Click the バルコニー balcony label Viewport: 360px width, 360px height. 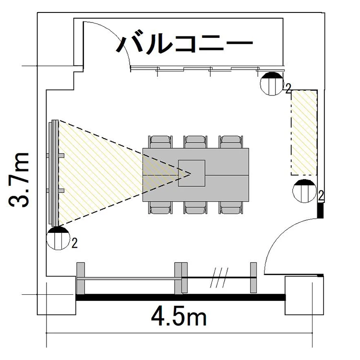coord(184,44)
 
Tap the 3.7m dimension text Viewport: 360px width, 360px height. coord(19,180)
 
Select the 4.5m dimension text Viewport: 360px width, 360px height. coord(179,317)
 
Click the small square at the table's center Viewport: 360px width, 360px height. coord(192,173)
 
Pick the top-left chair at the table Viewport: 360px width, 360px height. coord(160,142)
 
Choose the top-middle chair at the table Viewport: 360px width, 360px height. coord(195,142)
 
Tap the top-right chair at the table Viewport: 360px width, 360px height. coord(231,142)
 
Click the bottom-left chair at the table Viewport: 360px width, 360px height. coord(160,208)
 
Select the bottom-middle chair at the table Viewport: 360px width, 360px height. coord(195,208)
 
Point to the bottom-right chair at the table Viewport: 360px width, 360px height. coord(231,208)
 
